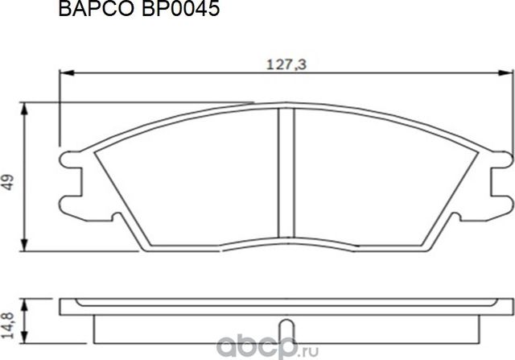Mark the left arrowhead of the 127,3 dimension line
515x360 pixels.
(64, 75)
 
